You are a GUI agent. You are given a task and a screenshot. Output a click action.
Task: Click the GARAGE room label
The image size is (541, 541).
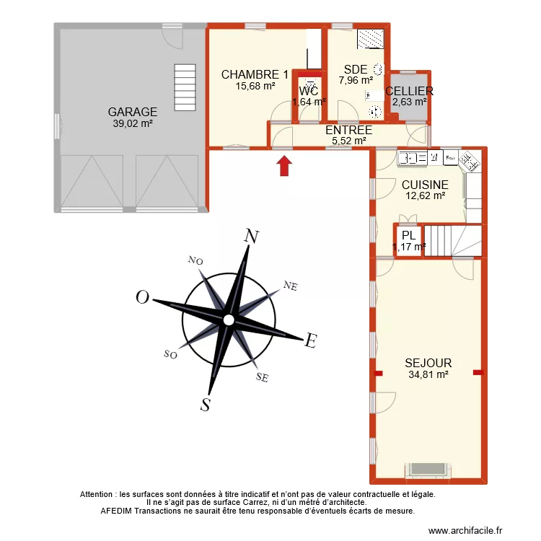(133, 112)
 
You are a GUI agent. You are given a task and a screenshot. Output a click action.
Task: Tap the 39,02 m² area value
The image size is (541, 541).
(133, 123)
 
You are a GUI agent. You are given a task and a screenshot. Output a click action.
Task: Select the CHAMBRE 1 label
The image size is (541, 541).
(255, 74)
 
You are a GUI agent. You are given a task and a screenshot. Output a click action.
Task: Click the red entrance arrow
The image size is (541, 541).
(285, 165)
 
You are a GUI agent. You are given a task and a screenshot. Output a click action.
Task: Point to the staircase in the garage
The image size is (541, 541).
(185, 86)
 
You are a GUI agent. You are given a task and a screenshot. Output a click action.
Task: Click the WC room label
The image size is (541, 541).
(309, 92)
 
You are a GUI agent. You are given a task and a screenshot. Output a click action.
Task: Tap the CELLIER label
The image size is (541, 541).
(409, 91)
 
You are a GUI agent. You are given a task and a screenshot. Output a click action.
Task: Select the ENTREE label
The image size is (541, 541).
(349, 130)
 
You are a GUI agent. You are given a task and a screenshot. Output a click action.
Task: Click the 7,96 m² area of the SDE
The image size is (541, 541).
(356, 80)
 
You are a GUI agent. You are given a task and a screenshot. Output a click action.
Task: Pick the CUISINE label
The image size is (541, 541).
(425, 185)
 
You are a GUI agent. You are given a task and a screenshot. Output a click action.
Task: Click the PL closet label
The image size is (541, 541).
(408, 235)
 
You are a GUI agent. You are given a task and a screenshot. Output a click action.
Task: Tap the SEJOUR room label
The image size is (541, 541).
(428, 363)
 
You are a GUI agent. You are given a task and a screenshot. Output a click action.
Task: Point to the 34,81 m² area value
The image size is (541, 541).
(428, 374)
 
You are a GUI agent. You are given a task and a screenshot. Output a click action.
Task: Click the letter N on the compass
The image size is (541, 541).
(252, 237)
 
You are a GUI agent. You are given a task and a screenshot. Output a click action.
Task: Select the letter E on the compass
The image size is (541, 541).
(311, 341)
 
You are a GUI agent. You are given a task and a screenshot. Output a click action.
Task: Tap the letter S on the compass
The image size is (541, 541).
(206, 405)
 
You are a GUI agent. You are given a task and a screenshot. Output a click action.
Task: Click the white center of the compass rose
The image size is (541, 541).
(228, 320)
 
